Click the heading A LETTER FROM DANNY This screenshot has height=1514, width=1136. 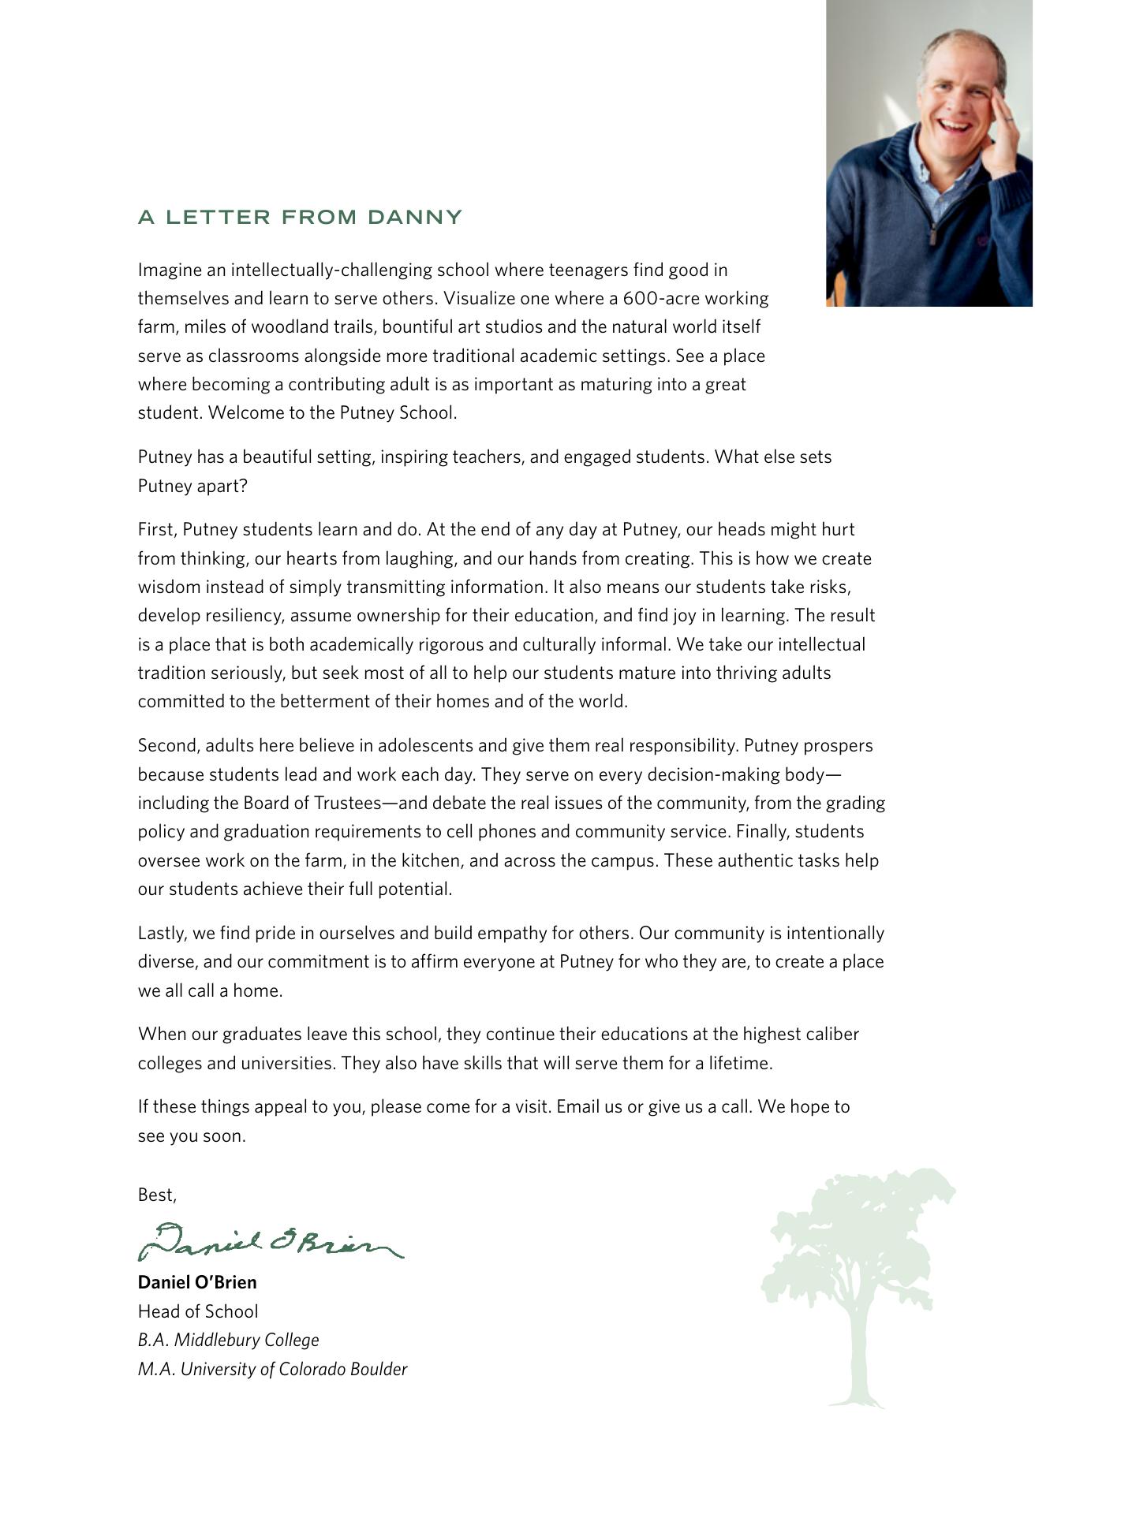coord(300,217)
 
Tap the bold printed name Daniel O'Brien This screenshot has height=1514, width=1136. coord(197,1282)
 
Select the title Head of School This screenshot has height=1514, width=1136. coord(198,1311)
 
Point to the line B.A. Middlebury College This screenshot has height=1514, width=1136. coord(229,1340)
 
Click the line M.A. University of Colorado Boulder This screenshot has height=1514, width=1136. coord(272,1369)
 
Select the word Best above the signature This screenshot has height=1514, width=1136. coord(156,1195)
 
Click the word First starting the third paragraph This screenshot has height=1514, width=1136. coord(157,529)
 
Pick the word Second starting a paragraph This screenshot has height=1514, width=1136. coord(168,745)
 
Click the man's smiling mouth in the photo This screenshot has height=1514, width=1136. coord(955,126)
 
